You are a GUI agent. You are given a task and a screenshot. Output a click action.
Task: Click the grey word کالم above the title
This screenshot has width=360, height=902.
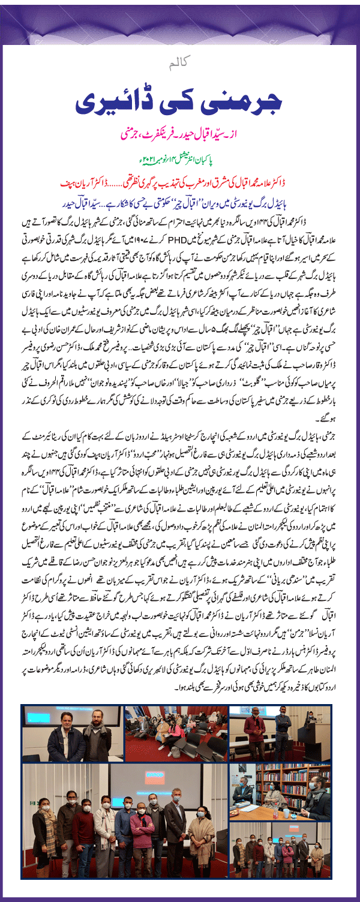(x=179, y=62)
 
